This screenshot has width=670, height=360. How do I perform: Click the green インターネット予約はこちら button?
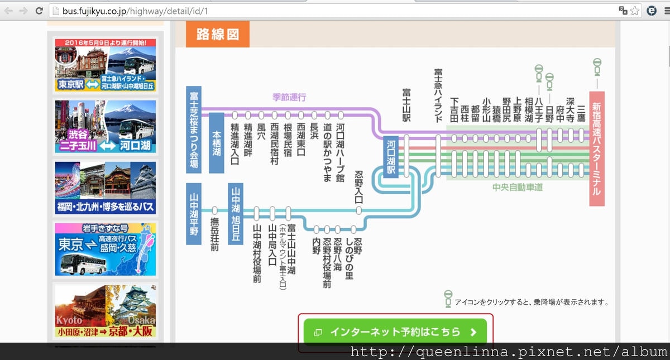pyautogui.click(x=395, y=332)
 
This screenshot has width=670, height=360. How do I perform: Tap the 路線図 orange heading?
pyautogui.click(x=217, y=35)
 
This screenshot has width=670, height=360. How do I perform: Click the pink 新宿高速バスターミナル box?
pyautogui.click(x=596, y=148)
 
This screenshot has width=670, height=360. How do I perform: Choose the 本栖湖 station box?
pyautogui.click(x=217, y=143)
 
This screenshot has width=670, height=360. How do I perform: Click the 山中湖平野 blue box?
pyautogui.click(x=193, y=213)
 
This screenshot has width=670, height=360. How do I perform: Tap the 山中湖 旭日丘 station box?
pyautogui.click(x=236, y=213)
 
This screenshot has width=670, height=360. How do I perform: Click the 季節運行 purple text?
pyautogui.click(x=289, y=97)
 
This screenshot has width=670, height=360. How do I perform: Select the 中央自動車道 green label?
pyautogui.click(x=518, y=188)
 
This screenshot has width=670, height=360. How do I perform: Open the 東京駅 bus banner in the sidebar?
pyautogui.click(x=105, y=65)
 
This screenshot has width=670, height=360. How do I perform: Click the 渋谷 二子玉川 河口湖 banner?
pyautogui.click(x=105, y=126)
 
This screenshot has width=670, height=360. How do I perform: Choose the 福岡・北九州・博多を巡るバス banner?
pyautogui.click(x=105, y=188)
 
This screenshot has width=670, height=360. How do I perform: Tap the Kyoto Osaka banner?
pyautogui.click(x=105, y=311)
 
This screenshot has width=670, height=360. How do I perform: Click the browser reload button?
pyautogui.click(x=39, y=11)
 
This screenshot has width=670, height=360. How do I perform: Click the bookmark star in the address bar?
pyautogui.click(x=635, y=11)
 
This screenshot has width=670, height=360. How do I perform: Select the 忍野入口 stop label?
pyautogui.click(x=359, y=188)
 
